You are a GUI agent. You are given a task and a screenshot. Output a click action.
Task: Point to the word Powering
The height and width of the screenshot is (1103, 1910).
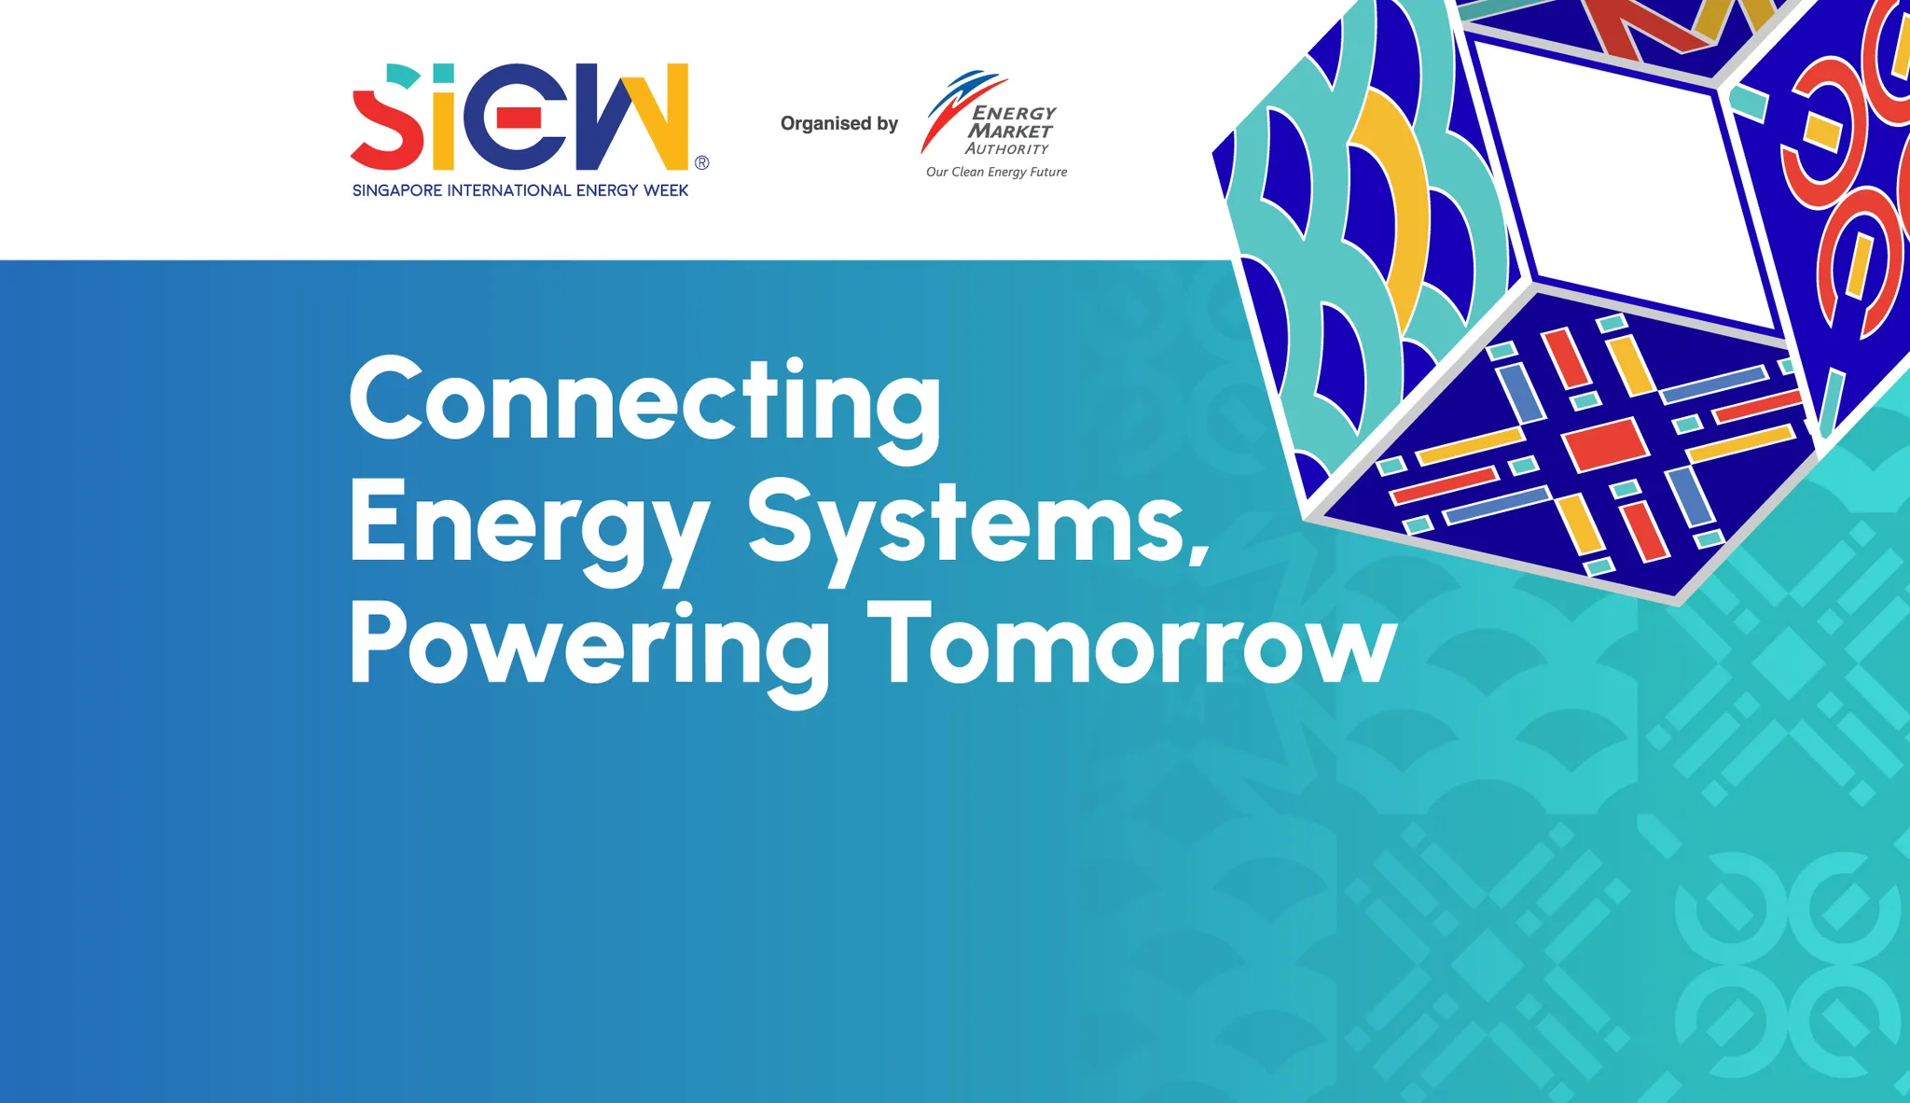click(x=589, y=652)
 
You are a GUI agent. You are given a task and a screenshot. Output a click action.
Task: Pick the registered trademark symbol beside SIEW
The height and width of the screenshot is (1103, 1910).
click(x=701, y=162)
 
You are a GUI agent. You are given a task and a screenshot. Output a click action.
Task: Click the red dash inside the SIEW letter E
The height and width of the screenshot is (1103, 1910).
click(x=518, y=117)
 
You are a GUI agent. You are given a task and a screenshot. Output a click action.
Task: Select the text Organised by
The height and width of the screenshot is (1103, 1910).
click(x=839, y=123)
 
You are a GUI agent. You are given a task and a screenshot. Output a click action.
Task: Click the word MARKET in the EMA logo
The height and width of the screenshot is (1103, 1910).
click(x=1010, y=131)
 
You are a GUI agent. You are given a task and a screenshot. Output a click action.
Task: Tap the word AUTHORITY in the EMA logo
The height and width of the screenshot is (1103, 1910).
click(x=1007, y=148)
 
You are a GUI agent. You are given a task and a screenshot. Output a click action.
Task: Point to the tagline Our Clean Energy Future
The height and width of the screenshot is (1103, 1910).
click(x=996, y=172)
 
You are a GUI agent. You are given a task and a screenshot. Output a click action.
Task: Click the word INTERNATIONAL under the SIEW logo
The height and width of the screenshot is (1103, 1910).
click(x=509, y=190)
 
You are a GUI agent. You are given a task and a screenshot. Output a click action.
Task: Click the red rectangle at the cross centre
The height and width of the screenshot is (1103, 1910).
click(x=1605, y=443)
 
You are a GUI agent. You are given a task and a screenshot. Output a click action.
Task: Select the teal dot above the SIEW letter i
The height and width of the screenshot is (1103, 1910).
click(x=443, y=73)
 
